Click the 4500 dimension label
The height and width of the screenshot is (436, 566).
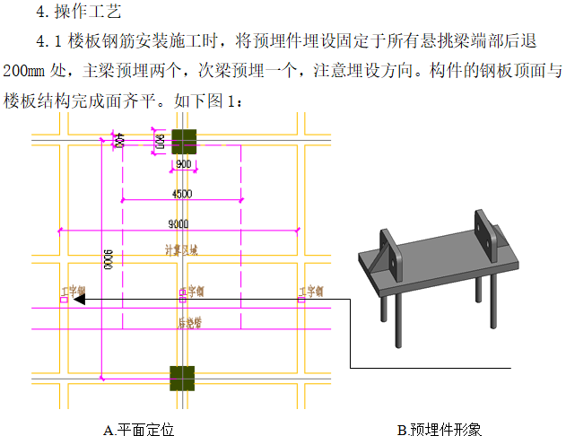tap(181, 193)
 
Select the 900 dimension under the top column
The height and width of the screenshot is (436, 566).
tap(183, 165)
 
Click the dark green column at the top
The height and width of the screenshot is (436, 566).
tap(184, 141)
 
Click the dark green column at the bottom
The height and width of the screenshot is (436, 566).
tap(183, 379)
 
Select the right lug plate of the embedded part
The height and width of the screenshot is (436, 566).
tap(485, 232)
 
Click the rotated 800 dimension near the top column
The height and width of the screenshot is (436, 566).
tap(159, 141)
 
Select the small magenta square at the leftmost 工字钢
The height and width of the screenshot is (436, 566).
tap(63, 300)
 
